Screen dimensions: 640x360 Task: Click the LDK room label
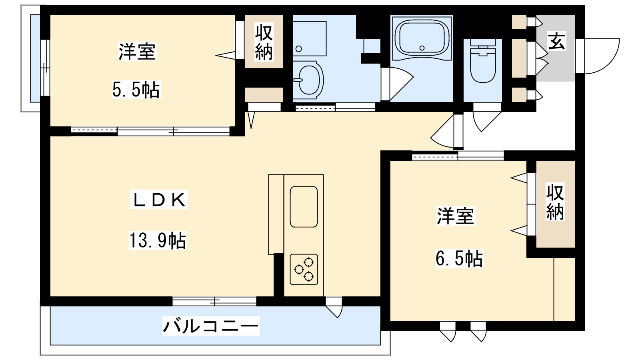click(x=158, y=200)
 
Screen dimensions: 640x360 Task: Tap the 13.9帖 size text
click(x=158, y=240)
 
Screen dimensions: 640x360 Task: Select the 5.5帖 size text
click(x=136, y=90)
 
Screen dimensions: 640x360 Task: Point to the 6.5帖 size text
click(x=460, y=259)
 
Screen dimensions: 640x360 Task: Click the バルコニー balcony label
click(x=211, y=326)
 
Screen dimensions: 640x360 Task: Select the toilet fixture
click(x=483, y=61)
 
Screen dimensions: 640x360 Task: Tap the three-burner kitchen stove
click(x=304, y=270)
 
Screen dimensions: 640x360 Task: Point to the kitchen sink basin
click(x=304, y=207)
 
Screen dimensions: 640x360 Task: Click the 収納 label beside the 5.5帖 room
click(x=264, y=42)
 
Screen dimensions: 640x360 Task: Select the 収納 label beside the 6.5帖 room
click(x=555, y=202)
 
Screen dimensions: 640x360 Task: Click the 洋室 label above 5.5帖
click(x=137, y=52)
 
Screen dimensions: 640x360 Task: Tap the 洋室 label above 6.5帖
click(x=456, y=216)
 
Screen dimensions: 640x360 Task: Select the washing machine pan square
click(x=310, y=38)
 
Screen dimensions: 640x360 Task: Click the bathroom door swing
click(x=398, y=84)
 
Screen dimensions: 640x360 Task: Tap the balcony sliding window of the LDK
click(x=214, y=301)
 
